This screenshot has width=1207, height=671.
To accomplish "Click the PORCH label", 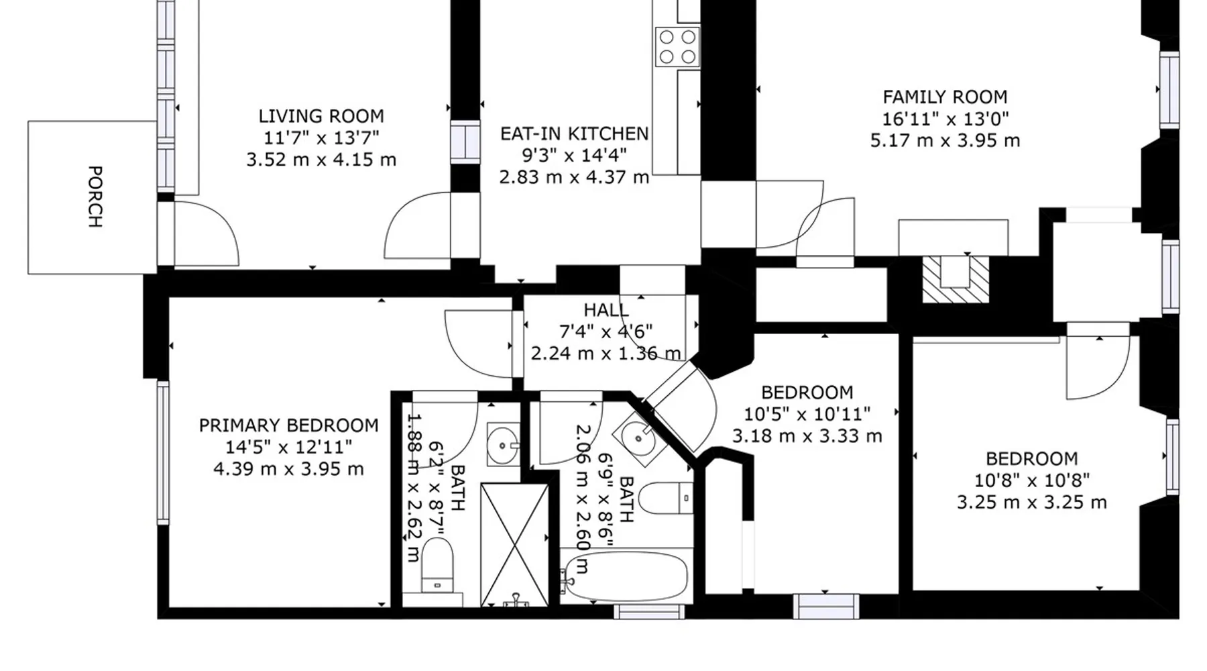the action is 95,197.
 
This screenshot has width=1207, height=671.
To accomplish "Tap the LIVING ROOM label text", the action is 321,116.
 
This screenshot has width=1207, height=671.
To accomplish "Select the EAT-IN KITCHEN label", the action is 575,134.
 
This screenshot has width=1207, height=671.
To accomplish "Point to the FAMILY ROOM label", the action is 945,97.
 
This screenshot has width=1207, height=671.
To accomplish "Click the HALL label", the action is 606,310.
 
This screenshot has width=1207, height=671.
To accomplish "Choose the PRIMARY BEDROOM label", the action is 289,425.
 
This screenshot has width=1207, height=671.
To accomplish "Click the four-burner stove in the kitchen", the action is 677,47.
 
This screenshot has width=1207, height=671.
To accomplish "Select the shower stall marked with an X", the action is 515,544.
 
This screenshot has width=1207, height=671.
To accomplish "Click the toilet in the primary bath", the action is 437,566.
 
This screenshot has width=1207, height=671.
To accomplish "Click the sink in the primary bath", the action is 503,444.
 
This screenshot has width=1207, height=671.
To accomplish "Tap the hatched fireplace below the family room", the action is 956,279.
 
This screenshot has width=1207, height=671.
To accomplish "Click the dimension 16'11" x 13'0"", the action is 945,119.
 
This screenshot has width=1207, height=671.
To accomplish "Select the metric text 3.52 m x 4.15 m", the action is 321,160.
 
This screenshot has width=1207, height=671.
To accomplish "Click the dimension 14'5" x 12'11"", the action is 289,447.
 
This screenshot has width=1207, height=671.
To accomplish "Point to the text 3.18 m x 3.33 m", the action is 807,436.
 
